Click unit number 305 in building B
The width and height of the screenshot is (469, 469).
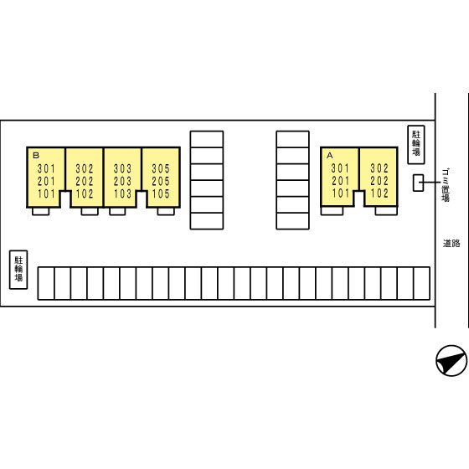[x=161, y=168]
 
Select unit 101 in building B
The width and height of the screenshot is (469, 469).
[x=46, y=193]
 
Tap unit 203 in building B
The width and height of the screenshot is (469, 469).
[x=122, y=181]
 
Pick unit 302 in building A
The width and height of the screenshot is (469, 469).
[x=379, y=168]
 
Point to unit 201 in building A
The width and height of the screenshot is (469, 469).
[x=340, y=181]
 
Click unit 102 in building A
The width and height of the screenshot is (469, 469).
[x=379, y=193]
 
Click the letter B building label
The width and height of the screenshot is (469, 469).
[x=36, y=155]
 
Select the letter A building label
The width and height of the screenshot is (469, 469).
[x=330, y=156]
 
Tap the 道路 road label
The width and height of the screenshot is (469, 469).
[x=451, y=244]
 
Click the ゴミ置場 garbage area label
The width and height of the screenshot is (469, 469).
[x=446, y=185]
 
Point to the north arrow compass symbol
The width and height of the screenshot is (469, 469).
[x=451, y=360]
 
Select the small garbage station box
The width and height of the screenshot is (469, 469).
[x=418, y=183]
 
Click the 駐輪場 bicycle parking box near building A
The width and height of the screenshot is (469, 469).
[x=416, y=145]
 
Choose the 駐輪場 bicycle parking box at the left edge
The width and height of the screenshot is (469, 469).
[x=18, y=270]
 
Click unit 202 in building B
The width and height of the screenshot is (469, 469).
[x=85, y=181]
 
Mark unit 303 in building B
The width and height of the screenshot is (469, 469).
[x=122, y=168]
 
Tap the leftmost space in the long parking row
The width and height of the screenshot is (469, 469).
[x=46, y=284]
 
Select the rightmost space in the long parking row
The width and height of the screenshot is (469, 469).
[x=422, y=284]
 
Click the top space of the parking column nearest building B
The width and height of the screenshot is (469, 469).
[x=207, y=139]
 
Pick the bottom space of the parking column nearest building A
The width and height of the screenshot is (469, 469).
[x=292, y=221]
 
